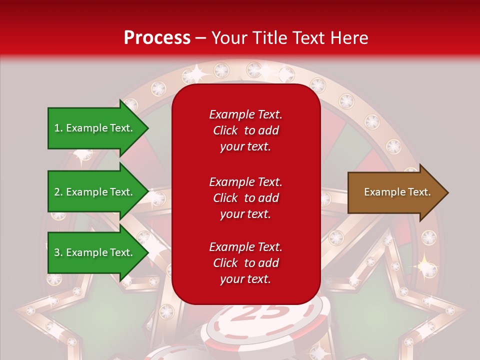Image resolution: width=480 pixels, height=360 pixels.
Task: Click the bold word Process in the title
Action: tap(157, 38)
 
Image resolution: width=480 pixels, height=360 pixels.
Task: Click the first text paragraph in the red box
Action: tap(245, 130)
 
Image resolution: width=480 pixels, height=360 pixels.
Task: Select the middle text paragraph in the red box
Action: tap(245, 198)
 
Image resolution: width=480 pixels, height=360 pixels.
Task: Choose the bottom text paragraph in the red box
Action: tap(245, 263)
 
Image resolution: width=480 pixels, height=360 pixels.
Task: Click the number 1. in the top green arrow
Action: tap(58, 128)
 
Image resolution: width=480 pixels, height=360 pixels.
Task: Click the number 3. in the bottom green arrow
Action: tap(58, 252)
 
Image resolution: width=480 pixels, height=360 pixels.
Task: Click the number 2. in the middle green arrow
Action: tap(58, 192)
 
